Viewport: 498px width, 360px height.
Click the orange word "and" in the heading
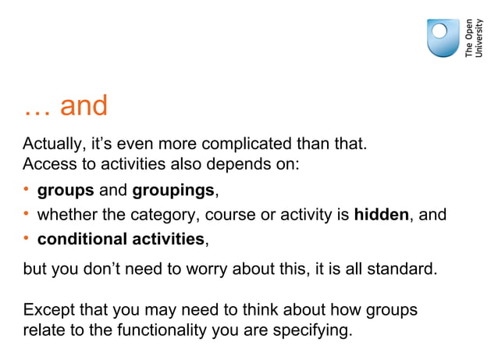point(84,106)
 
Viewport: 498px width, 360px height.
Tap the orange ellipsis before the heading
point(37,111)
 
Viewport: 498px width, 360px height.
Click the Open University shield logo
point(443,38)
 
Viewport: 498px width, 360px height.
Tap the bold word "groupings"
point(173,191)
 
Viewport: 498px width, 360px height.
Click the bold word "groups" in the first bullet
point(66,191)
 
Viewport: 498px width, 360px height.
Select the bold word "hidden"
point(381,214)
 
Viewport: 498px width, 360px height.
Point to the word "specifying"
point(311,330)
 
